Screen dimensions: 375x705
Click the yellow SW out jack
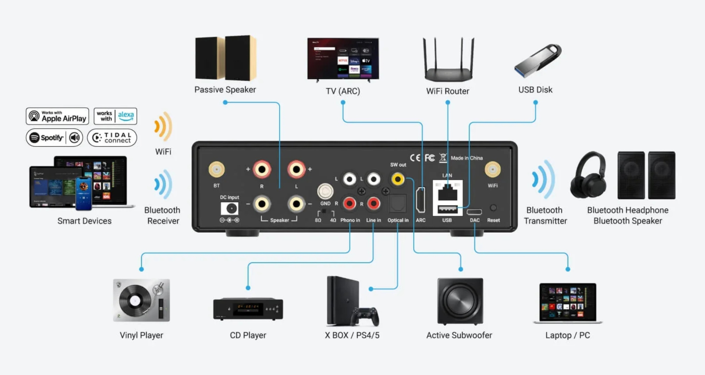(x=398, y=179)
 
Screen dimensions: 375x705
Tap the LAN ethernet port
(x=448, y=192)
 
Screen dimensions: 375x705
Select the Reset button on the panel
(x=493, y=208)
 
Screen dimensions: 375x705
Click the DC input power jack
(x=230, y=209)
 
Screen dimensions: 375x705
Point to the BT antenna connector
(x=216, y=169)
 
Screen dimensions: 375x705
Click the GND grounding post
(x=325, y=191)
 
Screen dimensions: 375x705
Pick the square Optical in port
(x=398, y=204)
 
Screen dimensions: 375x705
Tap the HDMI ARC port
(x=421, y=201)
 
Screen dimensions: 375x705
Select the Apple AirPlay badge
(x=57, y=116)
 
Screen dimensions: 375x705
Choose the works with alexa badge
(x=115, y=116)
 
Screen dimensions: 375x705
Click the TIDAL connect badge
(x=112, y=138)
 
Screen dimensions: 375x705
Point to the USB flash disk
(x=538, y=60)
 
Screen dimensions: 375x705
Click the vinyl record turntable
(x=141, y=300)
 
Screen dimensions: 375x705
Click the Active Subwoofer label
(x=459, y=335)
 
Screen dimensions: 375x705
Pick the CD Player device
(x=248, y=308)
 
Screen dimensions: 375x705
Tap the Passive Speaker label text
(x=225, y=90)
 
